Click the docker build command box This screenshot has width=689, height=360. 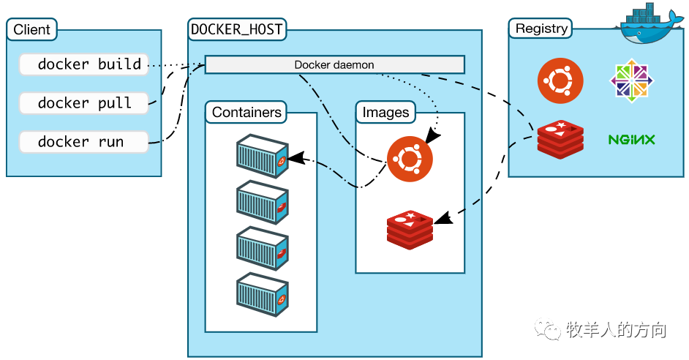(84, 64)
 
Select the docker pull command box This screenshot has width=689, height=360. (84, 103)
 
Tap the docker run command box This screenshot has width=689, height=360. (84, 142)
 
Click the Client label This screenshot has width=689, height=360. (32, 30)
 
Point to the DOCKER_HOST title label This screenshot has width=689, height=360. (236, 30)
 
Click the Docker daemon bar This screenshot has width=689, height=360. (334, 65)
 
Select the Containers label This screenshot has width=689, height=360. (246, 113)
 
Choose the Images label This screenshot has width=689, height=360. (385, 113)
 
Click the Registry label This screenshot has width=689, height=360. (541, 29)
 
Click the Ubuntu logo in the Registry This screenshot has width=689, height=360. (560, 81)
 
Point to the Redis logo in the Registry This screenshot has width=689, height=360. (560, 138)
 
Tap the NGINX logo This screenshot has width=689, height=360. (631, 139)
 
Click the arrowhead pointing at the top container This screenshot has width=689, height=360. (294, 158)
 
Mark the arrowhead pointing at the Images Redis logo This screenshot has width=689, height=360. (441, 219)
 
